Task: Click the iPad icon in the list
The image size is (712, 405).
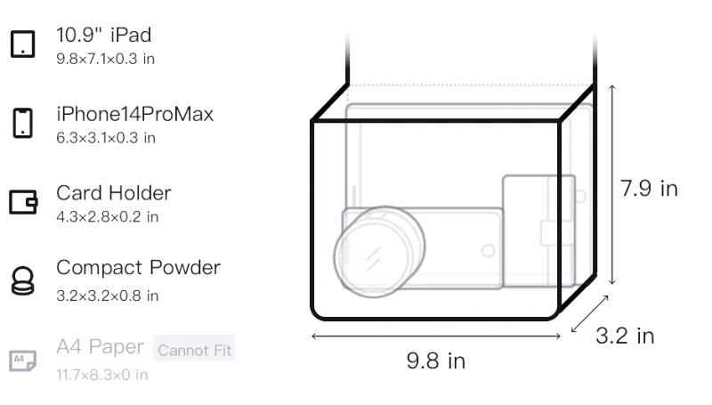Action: (x=23, y=44)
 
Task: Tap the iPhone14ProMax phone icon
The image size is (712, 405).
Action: (x=23, y=123)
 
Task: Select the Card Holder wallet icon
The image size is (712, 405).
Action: (x=23, y=201)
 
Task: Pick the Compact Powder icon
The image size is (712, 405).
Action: (x=23, y=281)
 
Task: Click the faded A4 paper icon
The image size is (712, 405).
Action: (x=23, y=360)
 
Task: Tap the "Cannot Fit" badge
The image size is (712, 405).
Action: (x=194, y=350)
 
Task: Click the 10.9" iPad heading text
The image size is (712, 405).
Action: (x=103, y=35)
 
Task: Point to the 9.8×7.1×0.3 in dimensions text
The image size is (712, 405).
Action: (x=105, y=59)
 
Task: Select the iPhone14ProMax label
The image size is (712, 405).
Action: (x=135, y=114)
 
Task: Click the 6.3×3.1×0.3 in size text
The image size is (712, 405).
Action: (x=106, y=138)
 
